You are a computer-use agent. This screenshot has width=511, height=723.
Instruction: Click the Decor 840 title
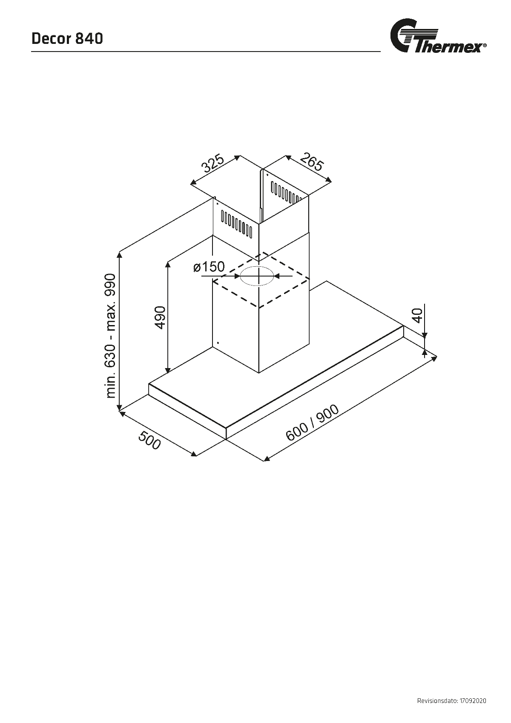67,38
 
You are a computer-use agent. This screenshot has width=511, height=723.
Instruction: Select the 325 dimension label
212,164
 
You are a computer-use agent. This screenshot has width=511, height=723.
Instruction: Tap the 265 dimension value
312,162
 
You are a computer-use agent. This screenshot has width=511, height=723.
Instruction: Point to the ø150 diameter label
209,267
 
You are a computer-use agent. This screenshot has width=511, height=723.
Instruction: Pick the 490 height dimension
161,317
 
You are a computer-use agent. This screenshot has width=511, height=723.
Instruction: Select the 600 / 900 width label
312,423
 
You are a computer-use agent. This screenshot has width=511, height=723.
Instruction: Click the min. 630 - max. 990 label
110,336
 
